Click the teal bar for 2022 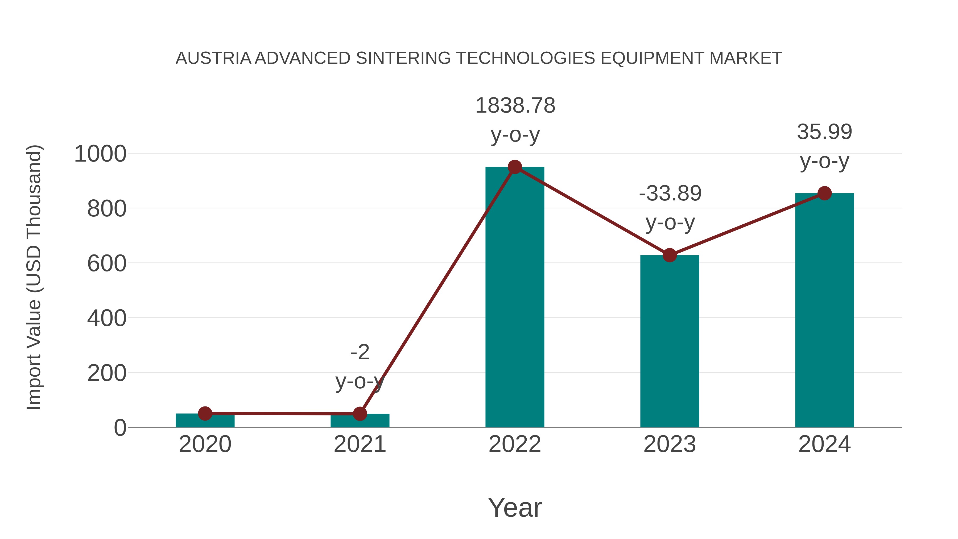pyautogui.click(x=515, y=298)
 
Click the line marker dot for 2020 pyautogui.click(x=205, y=413)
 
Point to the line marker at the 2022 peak pyautogui.click(x=515, y=167)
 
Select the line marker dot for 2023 pyautogui.click(x=670, y=255)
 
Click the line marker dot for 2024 pyautogui.click(x=824, y=193)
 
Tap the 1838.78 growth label pyautogui.click(x=515, y=106)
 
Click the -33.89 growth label pyautogui.click(x=670, y=194)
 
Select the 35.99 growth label pyautogui.click(x=824, y=132)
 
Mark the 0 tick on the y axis pyautogui.click(x=120, y=428)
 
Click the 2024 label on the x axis pyautogui.click(x=824, y=444)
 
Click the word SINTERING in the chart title pyautogui.click(x=403, y=58)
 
